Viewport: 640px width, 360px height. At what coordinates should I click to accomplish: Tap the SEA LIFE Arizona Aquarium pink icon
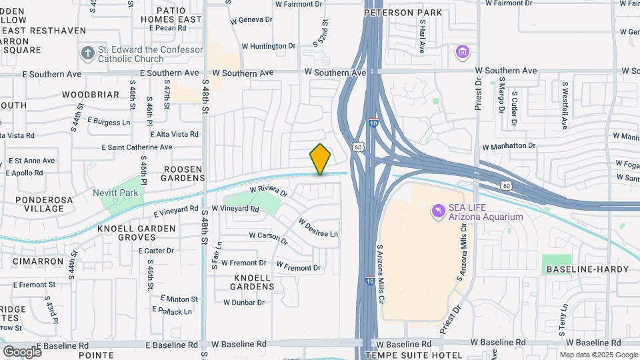[438, 211]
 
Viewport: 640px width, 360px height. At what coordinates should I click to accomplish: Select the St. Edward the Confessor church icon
[87, 53]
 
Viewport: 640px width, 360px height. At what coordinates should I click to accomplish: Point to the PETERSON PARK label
[403, 13]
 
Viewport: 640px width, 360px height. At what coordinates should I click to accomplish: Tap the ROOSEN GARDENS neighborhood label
[184, 173]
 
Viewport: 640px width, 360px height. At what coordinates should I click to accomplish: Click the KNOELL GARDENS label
[253, 281]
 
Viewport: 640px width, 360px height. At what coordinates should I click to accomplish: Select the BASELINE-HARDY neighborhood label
[587, 269]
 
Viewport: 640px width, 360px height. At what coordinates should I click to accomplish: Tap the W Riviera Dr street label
[268, 192]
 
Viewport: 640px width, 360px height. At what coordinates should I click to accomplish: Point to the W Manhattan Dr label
[509, 145]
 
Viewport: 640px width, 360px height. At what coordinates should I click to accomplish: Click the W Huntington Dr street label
[268, 46]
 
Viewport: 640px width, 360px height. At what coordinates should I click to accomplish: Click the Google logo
[22, 351]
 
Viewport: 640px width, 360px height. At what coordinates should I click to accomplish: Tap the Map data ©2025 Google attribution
[598, 355]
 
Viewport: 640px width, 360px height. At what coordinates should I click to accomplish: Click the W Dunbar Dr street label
[243, 302]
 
